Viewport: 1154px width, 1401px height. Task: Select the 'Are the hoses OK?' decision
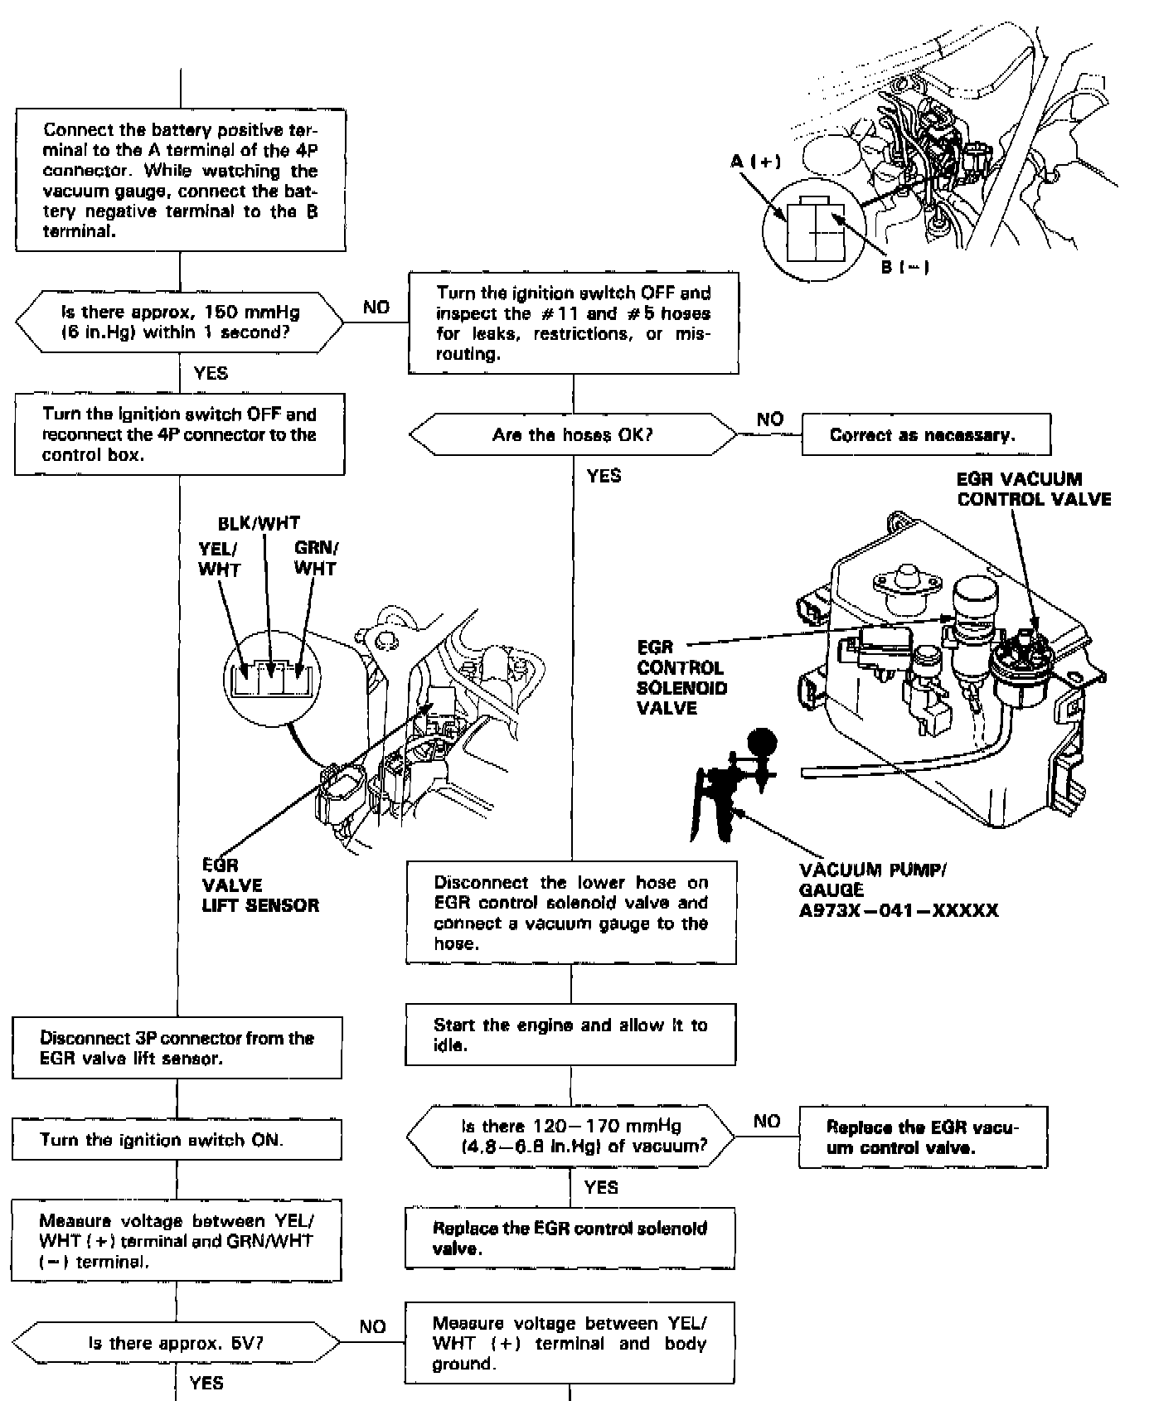pos(573,435)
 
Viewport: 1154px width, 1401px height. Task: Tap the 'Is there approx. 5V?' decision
pos(176,1343)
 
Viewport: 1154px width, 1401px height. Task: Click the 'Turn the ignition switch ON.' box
pos(177,1140)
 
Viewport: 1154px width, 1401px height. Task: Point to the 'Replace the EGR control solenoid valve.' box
pos(570,1239)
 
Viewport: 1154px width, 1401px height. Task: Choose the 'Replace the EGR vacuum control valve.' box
pos(923,1137)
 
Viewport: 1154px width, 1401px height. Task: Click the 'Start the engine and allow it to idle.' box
pos(570,1035)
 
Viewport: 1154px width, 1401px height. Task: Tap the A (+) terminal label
pos(755,161)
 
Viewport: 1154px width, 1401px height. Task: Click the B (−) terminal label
pos(904,267)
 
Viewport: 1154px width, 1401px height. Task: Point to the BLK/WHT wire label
pos(259,523)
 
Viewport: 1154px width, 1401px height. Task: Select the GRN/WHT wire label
pos(316,558)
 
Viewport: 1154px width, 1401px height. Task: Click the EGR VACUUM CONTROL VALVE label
pos(1033,489)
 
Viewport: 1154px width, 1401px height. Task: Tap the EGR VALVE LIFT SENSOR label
pos(259,885)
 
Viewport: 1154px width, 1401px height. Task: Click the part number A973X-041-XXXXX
pos(899,911)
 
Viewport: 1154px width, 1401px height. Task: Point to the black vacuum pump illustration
pos(730,786)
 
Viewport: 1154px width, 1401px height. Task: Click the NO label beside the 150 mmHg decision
pos(376,308)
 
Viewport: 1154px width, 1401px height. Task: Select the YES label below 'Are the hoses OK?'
pos(604,476)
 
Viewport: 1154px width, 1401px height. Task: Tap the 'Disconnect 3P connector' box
pos(177,1048)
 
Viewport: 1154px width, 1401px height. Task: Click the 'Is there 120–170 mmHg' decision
pos(570,1137)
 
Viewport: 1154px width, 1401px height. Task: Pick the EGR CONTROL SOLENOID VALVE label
pos(681,677)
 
